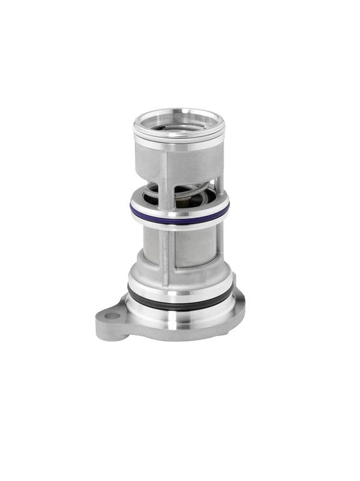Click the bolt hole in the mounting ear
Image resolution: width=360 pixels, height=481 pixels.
[x=112, y=316]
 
